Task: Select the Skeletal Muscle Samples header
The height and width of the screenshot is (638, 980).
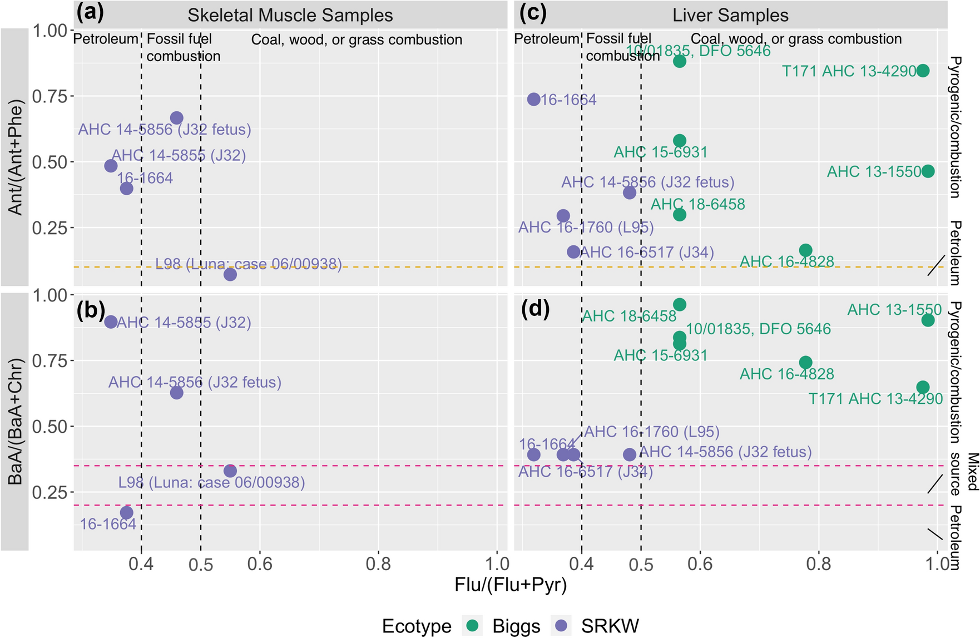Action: pyautogui.click(x=290, y=15)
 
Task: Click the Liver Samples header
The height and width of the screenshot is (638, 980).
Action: pyautogui.click(x=730, y=15)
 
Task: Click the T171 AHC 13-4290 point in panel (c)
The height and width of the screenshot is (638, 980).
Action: pyautogui.click(x=923, y=71)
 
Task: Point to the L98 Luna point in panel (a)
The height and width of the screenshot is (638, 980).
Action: pyautogui.click(x=230, y=274)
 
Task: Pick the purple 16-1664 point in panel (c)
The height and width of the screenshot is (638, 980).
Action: pyautogui.click(x=533, y=100)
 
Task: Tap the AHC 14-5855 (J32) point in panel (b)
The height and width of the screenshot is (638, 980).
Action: pyautogui.click(x=111, y=322)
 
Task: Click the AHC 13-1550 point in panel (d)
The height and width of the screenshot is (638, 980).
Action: pyautogui.click(x=928, y=320)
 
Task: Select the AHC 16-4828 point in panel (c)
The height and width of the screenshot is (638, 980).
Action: pyautogui.click(x=805, y=250)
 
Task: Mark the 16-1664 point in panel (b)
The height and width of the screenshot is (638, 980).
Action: pyautogui.click(x=127, y=512)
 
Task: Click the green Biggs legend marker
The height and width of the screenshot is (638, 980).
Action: pyautogui.click(x=473, y=626)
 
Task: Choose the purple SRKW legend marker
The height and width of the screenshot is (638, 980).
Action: pyautogui.click(x=562, y=626)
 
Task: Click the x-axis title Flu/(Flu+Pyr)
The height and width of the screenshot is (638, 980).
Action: pyautogui.click(x=511, y=585)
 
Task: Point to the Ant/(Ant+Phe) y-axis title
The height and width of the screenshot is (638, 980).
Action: pyautogui.click(x=15, y=157)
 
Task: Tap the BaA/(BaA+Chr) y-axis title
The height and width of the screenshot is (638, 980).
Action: pyautogui.click(x=15, y=422)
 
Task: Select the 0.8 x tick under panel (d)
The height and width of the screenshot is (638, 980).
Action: pyautogui.click(x=819, y=564)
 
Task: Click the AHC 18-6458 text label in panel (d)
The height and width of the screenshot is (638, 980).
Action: pyautogui.click(x=629, y=316)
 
